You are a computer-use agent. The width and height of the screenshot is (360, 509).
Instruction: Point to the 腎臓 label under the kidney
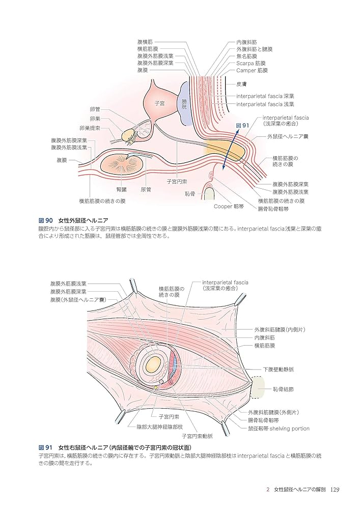[121, 189]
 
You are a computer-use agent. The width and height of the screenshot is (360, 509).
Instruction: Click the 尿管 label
[147, 189]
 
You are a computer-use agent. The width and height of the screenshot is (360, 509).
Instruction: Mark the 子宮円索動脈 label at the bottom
[198, 436]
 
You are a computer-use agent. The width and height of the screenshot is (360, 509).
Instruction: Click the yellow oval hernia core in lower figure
[153, 364]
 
